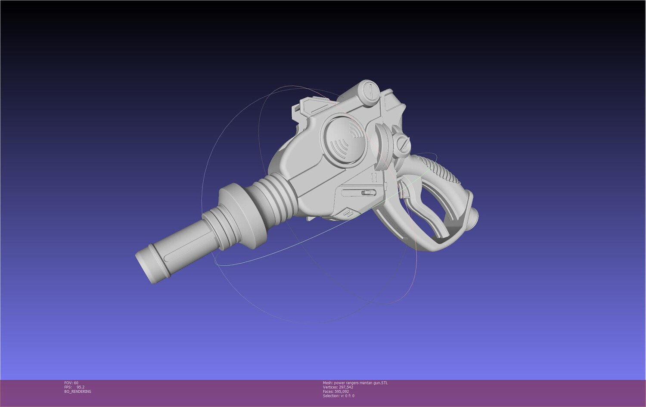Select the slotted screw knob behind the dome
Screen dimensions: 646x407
tap(404, 144)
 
